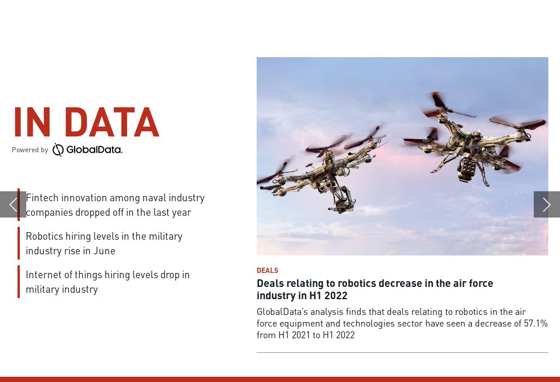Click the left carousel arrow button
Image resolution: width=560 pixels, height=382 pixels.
coord(12,204)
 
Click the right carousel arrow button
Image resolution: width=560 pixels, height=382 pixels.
coord(547,204)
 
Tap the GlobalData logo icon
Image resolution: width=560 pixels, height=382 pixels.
coord(58,150)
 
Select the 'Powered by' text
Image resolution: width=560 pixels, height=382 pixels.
coord(30,150)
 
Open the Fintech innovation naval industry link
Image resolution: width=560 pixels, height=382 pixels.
coord(115,205)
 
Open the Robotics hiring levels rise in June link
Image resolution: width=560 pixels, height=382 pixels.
coord(104,243)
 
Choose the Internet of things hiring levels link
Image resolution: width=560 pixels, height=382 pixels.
coord(107,282)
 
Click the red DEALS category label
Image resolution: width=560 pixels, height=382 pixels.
coord(267,271)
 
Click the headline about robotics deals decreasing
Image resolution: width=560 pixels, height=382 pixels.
coord(374,289)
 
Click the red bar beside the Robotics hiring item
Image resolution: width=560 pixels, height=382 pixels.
coord(19,243)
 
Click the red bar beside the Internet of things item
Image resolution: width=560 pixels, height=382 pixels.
coord(19,282)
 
